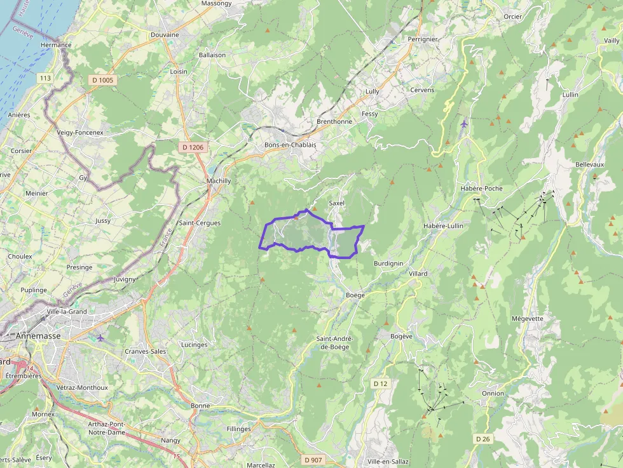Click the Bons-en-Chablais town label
point(290,145)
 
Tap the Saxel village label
point(336,203)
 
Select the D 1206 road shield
point(193,147)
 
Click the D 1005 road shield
point(102,80)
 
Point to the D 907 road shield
point(313,460)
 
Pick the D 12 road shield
point(380,384)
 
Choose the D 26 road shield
point(483,439)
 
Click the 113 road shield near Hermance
point(44,78)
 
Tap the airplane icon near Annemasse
point(100,337)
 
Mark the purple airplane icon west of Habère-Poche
point(464,123)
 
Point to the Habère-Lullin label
point(443,225)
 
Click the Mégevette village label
point(527,319)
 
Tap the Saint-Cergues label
point(200,224)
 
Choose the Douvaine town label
point(165,35)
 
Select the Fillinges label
point(239,429)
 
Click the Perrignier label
point(423,39)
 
